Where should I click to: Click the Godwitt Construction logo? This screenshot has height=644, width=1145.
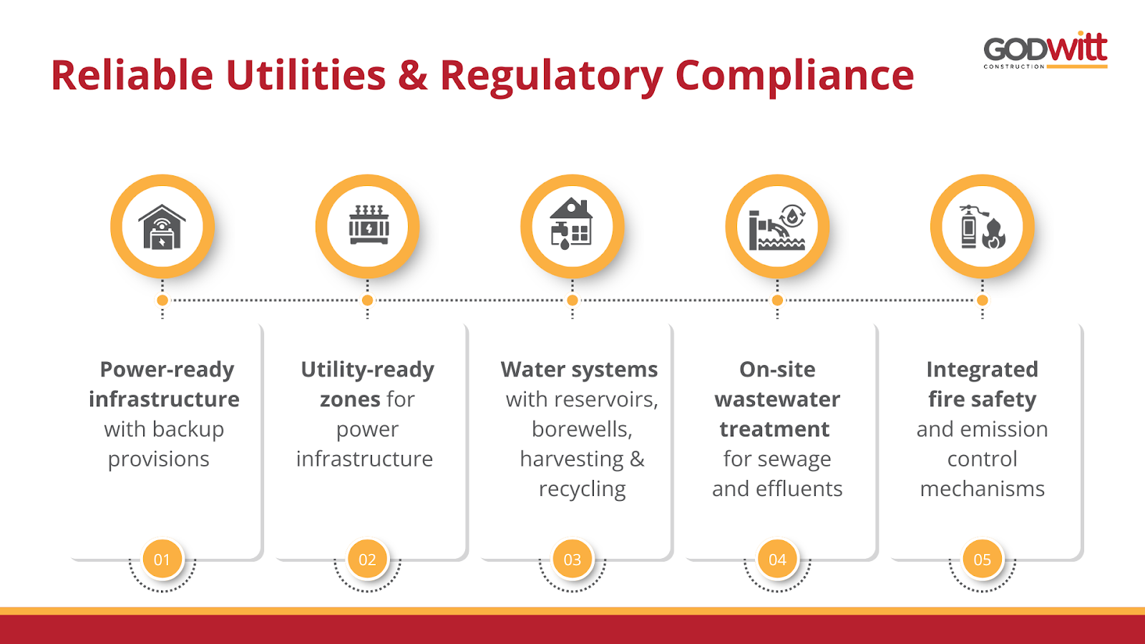pos(1045,50)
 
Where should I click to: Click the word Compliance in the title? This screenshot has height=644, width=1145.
pos(794,76)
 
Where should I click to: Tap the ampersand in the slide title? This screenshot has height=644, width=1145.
pos(412,76)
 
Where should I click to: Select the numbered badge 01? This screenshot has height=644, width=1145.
pos(162,560)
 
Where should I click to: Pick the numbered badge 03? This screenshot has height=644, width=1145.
pos(572,560)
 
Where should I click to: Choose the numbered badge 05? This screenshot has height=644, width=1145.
pos(983,560)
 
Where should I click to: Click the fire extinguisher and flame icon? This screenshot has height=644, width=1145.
pos(983,227)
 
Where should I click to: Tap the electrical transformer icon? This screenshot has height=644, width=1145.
pos(368,227)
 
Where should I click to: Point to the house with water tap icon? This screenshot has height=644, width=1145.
pos(572,227)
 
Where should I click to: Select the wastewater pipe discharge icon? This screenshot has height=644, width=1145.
pos(777,227)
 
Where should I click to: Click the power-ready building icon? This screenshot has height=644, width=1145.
pos(162,227)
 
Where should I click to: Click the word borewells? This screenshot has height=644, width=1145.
pos(582,429)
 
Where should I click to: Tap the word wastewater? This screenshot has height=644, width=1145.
pos(777,399)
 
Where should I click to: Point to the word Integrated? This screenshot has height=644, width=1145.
pos(982,369)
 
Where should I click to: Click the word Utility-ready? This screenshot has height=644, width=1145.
pos(367,369)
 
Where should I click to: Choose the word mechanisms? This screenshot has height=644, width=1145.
pos(982,489)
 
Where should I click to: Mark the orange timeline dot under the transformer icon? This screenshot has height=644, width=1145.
pos(368,301)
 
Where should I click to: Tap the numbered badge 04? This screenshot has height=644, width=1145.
pos(777,560)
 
